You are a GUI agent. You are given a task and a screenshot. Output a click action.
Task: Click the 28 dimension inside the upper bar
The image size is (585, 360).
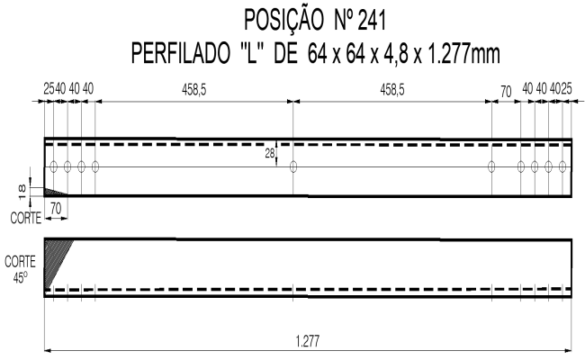click(x=269, y=154)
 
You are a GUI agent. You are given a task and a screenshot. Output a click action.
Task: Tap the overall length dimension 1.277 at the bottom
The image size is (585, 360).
click(x=308, y=340)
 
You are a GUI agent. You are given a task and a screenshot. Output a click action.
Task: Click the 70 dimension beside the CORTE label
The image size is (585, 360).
click(x=56, y=206)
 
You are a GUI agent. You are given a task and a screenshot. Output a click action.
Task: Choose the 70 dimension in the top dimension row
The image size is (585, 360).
click(x=506, y=90)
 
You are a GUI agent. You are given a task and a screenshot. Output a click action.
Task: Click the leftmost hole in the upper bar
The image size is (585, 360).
click(x=53, y=166)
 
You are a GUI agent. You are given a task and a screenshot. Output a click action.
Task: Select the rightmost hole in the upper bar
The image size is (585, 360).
click(x=562, y=166)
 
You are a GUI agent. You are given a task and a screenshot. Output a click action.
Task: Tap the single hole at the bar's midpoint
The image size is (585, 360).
click(x=293, y=166)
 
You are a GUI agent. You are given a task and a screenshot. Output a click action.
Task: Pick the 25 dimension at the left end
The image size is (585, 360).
click(x=49, y=90)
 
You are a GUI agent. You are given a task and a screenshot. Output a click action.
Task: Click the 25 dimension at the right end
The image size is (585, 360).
click(x=568, y=90)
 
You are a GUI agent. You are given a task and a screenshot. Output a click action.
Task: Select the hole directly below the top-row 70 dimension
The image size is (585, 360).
click(x=492, y=166)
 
